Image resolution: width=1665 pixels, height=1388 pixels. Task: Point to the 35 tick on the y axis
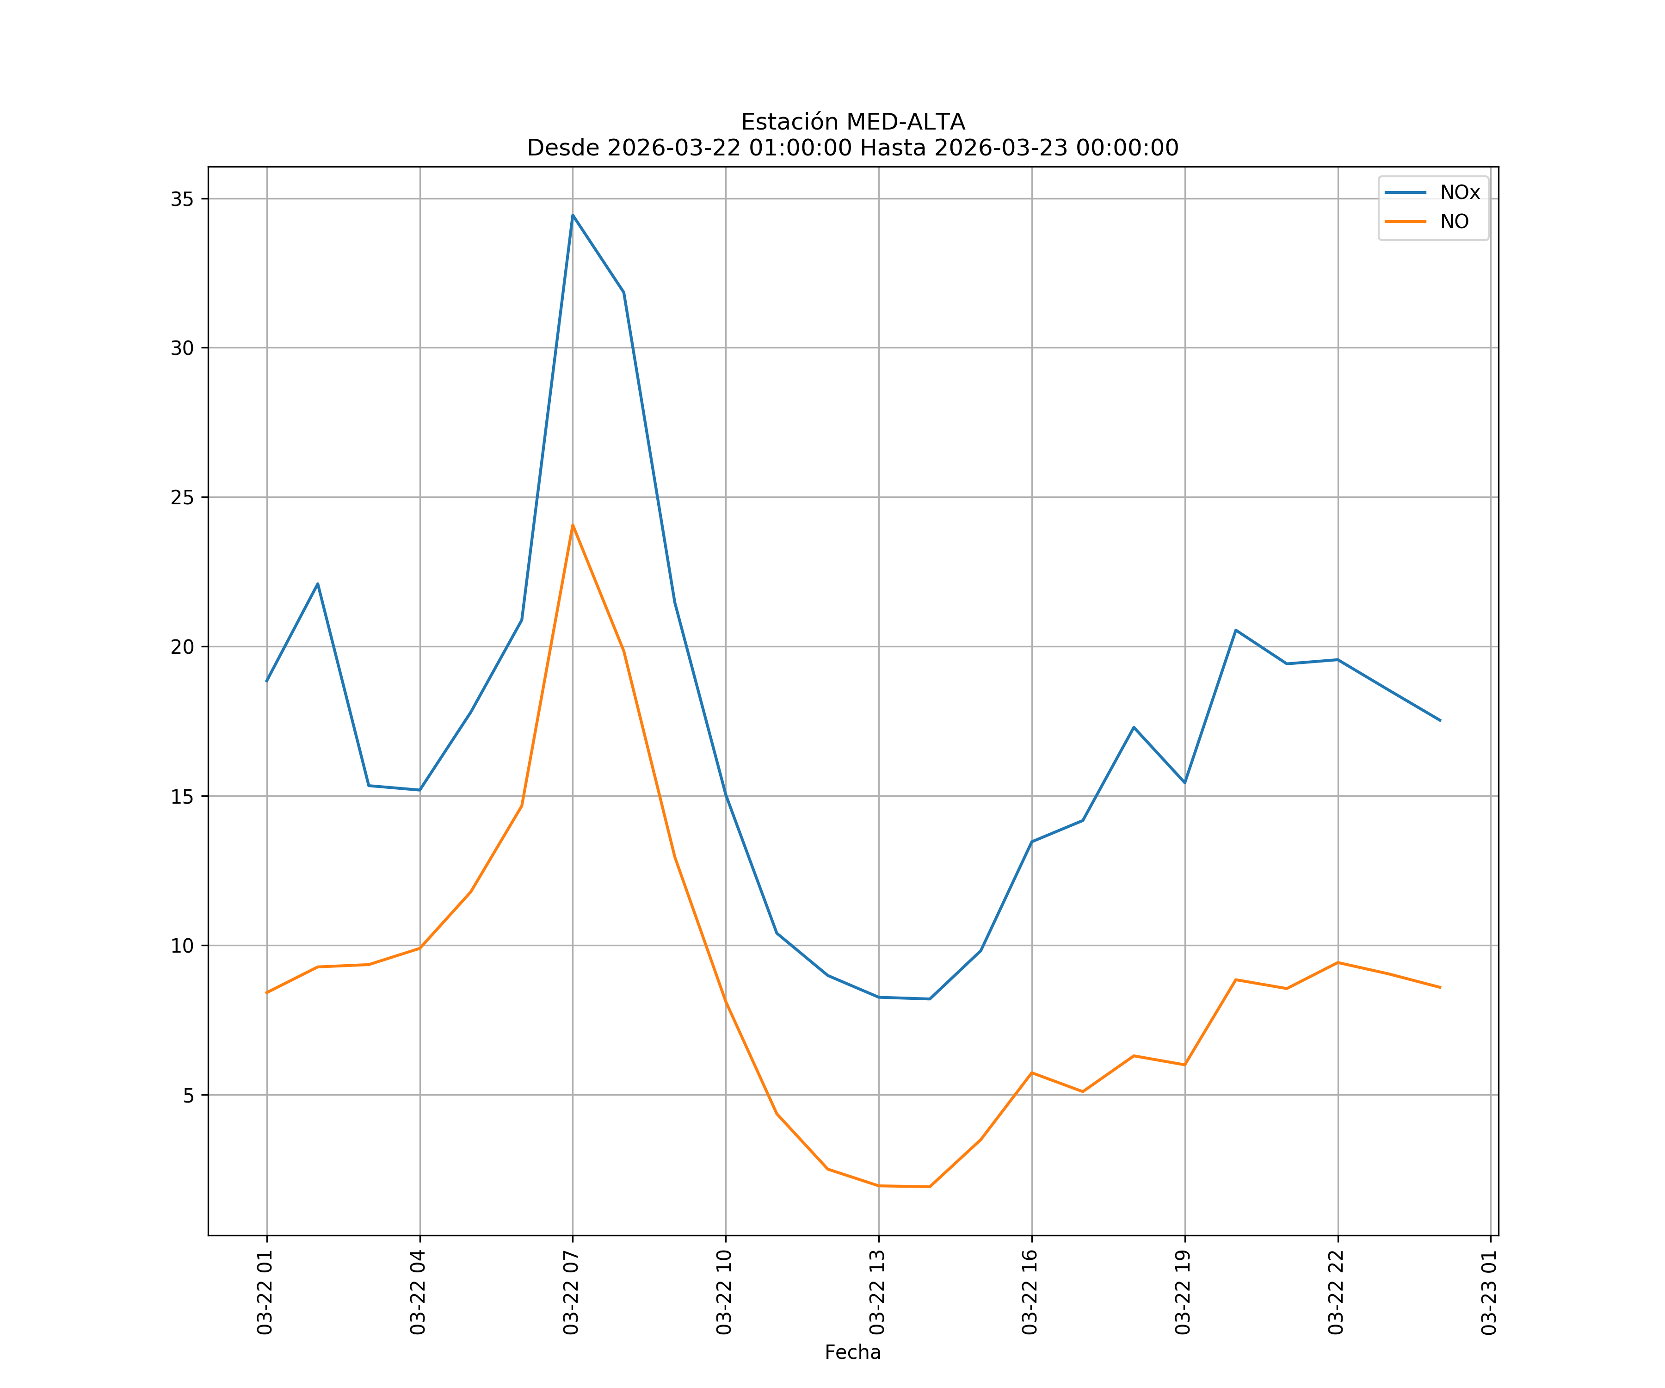point(182,199)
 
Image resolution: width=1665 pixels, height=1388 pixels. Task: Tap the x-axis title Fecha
point(852,1352)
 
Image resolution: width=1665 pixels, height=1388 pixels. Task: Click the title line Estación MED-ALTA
point(852,122)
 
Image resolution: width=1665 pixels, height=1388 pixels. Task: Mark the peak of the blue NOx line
point(573,215)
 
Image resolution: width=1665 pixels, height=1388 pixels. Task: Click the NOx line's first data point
point(266,682)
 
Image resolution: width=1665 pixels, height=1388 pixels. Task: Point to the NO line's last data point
point(1440,987)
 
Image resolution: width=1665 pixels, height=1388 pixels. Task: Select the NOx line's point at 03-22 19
point(1184,783)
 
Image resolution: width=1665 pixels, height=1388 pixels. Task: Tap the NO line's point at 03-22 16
point(1031,1072)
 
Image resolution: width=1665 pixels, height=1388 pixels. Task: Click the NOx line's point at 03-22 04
point(419,790)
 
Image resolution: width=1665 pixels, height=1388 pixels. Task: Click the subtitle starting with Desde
point(852,149)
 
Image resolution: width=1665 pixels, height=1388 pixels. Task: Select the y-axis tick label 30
point(182,348)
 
